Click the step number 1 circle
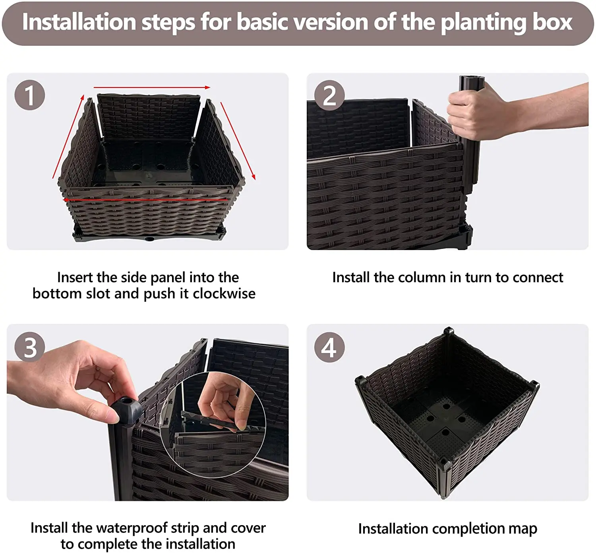pos(30,95)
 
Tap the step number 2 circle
pos(329,95)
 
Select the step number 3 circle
pos(30,347)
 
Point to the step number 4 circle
pos(329,347)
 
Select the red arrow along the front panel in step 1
pos(147,199)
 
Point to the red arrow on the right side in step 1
pos(238,141)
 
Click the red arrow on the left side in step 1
pos(68,137)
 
